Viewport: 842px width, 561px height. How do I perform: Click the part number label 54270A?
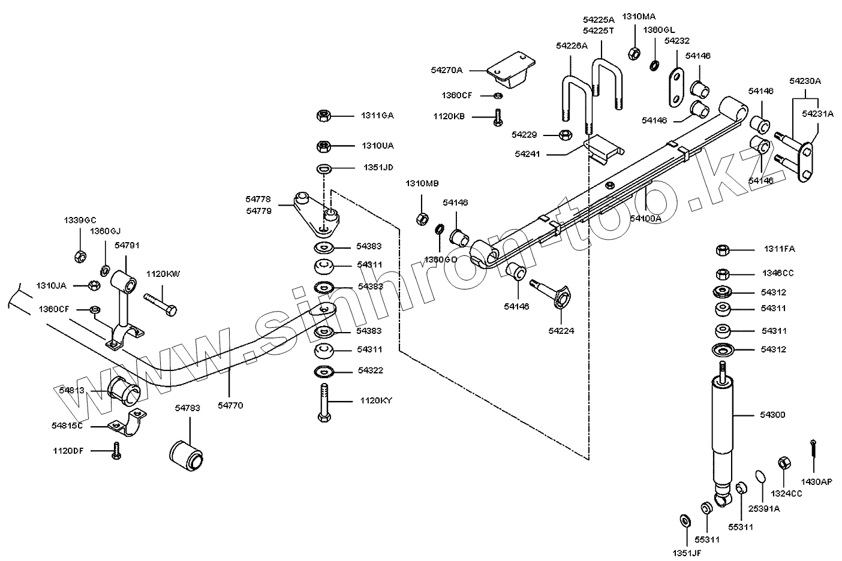tap(447, 70)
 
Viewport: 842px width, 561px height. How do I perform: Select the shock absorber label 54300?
tap(772, 415)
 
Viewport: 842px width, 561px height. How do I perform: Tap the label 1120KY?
tap(376, 400)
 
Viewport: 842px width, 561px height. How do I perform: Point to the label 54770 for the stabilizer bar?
tap(230, 406)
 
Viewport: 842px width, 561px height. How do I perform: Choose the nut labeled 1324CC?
tap(783, 463)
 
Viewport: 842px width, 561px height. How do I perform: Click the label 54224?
tap(561, 330)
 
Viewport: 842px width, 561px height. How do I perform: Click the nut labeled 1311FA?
tap(723, 249)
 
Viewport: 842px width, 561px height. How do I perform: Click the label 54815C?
tap(67, 425)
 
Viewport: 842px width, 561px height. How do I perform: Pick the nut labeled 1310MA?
tap(633, 53)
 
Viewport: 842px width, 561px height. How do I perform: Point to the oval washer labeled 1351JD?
tap(323, 168)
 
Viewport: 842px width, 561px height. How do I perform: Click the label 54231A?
tap(818, 113)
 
